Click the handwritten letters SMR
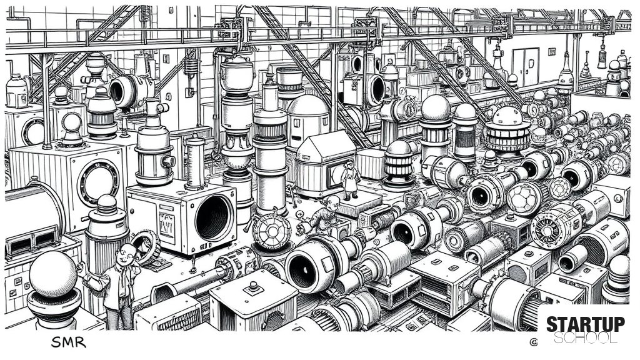point(69,342)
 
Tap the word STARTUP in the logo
point(585,324)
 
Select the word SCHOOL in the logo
point(585,338)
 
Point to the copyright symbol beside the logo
point(533,342)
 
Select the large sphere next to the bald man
point(53,274)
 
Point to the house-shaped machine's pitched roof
point(326,146)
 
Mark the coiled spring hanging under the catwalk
point(191,66)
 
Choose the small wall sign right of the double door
point(552,51)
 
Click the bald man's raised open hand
point(80,267)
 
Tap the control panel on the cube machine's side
point(166,224)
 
